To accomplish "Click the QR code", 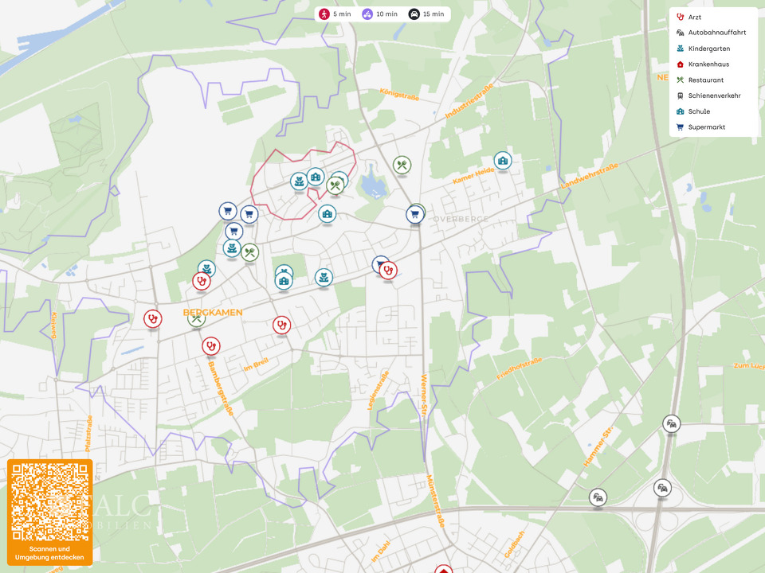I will [x=49, y=501].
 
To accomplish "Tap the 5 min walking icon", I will [x=324, y=14].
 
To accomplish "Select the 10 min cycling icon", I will [x=367, y=14].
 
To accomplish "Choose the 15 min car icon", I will [x=414, y=14].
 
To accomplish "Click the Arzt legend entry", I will [x=695, y=17].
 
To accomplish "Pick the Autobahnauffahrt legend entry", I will [x=716, y=33].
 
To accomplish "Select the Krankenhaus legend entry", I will [x=708, y=64].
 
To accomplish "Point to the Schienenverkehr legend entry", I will [x=714, y=95].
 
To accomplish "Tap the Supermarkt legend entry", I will [x=706, y=127].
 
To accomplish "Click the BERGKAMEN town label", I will [x=213, y=313].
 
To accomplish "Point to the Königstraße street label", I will [x=399, y=95].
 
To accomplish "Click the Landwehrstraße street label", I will [x=590, y=176].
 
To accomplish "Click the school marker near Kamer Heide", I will [x=502, y=161].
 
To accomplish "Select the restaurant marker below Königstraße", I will [x=402, y=166].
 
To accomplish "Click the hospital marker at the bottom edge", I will [x=443, y=569].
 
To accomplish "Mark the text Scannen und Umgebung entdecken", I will [x=49, y=553].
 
